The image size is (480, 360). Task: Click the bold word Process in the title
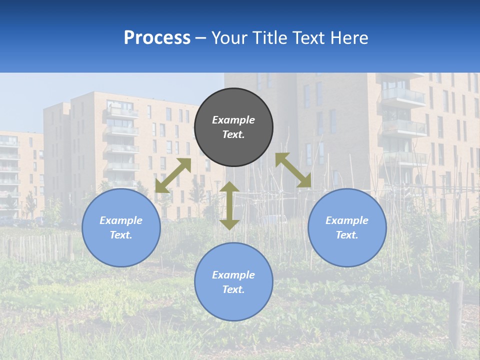point(157,38)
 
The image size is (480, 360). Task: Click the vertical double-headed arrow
point(229,205)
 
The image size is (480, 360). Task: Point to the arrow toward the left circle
point(173,175)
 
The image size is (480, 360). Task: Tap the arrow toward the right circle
point(293,170)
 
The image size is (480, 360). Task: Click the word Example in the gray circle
point(233,120)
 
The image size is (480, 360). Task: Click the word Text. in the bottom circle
point(233,289)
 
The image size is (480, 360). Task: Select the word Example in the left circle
point(121,220)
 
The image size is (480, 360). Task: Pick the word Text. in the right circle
point(347,235)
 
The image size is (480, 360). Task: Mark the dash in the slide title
point(201,38)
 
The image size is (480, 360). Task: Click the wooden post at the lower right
point(456,315)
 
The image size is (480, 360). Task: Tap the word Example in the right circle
point(347,220)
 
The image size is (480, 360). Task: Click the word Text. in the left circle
point(121,235)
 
